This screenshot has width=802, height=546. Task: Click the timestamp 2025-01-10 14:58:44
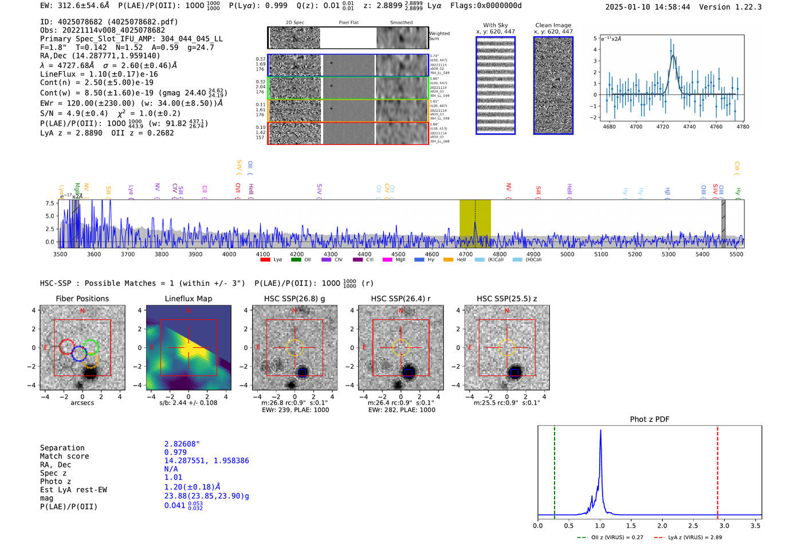[647, 7]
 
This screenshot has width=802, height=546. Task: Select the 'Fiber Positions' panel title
[82, 298]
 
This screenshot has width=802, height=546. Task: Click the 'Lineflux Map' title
[188, 298]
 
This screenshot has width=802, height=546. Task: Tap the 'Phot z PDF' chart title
[649, 419]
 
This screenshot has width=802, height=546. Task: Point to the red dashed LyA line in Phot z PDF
[717, 470]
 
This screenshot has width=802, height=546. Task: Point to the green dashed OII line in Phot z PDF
[555, 470]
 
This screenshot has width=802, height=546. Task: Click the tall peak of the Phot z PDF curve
[600, 431]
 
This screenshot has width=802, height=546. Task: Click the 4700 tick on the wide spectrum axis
[466, 254]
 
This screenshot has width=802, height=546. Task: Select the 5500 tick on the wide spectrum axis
[736, 254]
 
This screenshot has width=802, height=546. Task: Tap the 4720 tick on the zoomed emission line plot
[663, 127]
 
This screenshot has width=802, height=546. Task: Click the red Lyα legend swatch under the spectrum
[265, 260]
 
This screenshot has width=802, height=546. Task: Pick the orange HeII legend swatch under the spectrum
[448, 260]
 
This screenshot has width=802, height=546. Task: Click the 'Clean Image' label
[553, 25]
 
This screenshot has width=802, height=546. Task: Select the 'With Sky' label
[496, 25]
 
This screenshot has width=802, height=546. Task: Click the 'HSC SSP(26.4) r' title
[400, 298]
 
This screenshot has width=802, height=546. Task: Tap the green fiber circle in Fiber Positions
[91, 346]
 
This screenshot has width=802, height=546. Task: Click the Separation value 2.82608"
[182, 444]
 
